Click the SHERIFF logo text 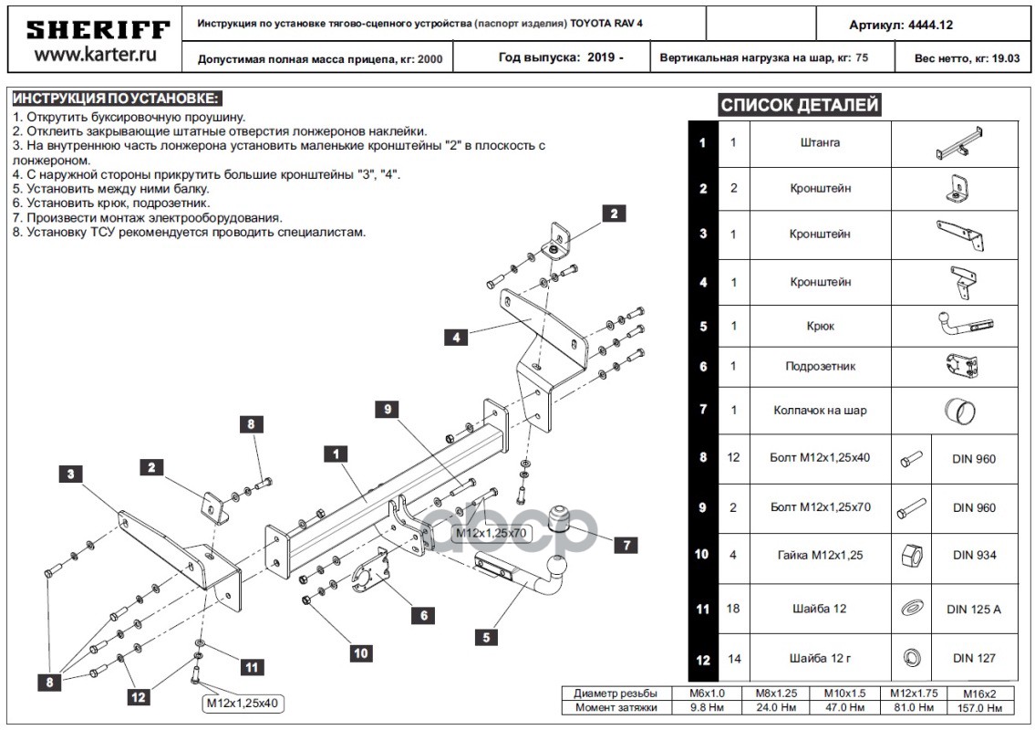98,30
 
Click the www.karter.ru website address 95,56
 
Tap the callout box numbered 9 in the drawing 388,410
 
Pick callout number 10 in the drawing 362,652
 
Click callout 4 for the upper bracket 456,337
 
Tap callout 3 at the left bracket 70,473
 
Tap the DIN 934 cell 974,555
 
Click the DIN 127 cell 974,658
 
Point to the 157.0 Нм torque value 982,707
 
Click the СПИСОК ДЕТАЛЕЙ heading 800,105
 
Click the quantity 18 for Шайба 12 733,609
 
